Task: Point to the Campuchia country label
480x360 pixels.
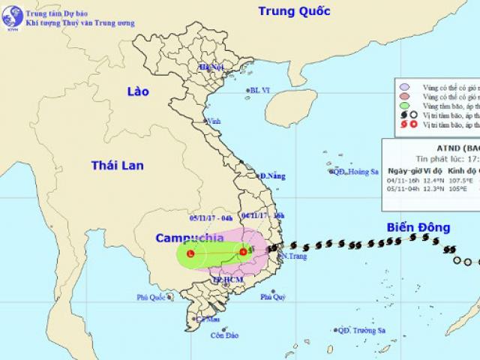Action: (189, 238)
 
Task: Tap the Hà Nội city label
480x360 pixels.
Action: (212, 67)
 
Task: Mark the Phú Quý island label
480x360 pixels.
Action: (273, 297)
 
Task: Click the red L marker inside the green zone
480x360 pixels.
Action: (190, 254)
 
